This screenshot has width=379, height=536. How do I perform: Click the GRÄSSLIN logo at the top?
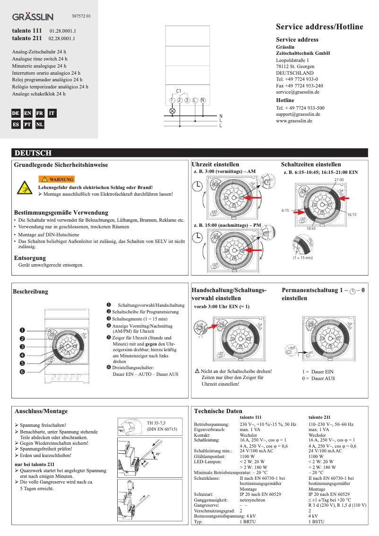[33, 17]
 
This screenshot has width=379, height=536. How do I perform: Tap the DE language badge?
[16, 113]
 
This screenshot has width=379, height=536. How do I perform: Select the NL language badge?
[40, 125]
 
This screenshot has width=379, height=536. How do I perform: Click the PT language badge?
[28, 125]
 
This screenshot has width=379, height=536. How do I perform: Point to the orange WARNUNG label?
[56, 180]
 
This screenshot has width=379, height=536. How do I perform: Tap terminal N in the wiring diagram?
[202, 100]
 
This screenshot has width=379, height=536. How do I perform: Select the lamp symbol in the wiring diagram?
[172, 111]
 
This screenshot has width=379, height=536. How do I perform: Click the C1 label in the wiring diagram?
[179, 91]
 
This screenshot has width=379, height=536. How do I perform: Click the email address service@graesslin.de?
[299, 93]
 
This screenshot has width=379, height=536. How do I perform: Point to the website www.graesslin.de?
[294, 121]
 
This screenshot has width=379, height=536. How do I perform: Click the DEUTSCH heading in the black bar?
[33, 153]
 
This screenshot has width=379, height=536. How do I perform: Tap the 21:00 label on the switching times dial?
[338, 180]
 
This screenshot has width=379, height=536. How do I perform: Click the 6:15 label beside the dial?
[285, 209]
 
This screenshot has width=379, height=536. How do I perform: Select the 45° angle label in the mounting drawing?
[157, 454]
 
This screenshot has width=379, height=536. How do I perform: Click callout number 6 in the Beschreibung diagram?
[22, 372]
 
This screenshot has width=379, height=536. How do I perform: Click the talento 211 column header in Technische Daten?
[319, 418]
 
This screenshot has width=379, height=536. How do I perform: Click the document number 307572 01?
[81, 17]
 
